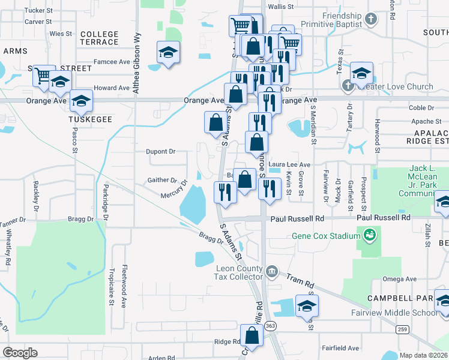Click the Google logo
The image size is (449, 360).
(x=20, y=353)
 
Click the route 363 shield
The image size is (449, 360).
(x=271, y=325)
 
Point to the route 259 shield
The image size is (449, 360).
(x=401, y=328)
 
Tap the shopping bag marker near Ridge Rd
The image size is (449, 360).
(x=252, y=336)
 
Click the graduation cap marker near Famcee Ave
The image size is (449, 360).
(x=168, y=52)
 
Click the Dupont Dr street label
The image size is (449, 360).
(x=160, y=152)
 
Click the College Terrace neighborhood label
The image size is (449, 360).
(x=99, y=38)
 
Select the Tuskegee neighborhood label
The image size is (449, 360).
(x=90, y=120)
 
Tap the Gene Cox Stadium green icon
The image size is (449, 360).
(x=369, y=233)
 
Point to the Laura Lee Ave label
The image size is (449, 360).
(x=289, y=164)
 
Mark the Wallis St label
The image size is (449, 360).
(x=280, y=7)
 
